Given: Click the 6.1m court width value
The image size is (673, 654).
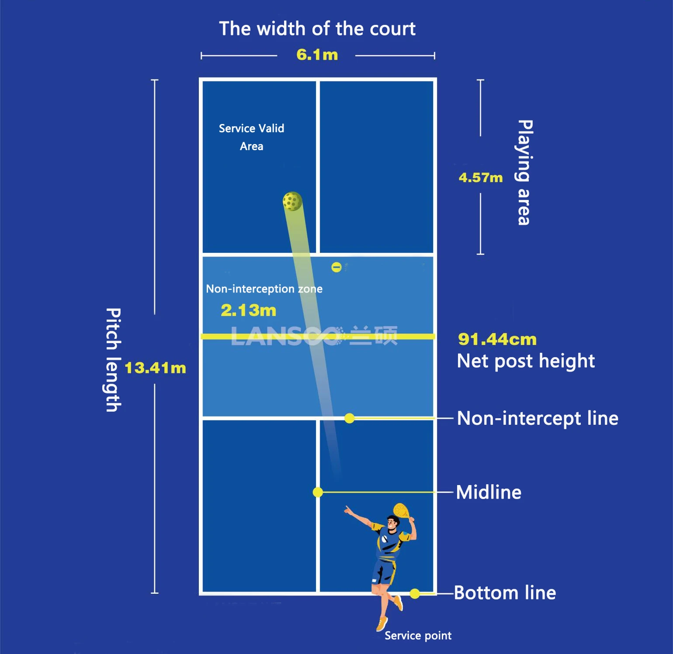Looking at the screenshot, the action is pos(317,55).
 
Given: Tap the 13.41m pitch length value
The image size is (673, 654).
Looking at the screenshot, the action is pos(155,368).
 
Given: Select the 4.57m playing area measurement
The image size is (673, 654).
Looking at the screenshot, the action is pos(481,178).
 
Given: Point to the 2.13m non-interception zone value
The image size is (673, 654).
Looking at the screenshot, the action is pos(248,310).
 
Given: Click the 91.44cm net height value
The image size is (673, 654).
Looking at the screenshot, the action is pos(497,339).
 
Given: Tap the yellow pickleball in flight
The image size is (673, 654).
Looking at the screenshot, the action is pos(292,201).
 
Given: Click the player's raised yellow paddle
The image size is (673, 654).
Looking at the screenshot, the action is pos(402,510).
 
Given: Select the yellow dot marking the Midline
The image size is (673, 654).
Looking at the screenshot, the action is pos(318,492).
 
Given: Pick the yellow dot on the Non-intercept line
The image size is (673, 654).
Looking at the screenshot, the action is pos(349,418).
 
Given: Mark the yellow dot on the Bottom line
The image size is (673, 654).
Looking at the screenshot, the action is pos(415,593).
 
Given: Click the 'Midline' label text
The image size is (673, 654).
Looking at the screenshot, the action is pos(489,492).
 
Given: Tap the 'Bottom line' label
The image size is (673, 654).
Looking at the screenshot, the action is pos(505,593).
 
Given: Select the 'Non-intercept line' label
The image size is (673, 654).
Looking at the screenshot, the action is pos(538,419).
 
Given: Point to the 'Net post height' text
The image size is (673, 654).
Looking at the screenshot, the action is pos(526,361).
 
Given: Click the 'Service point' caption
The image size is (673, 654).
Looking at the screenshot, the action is pos(418,636).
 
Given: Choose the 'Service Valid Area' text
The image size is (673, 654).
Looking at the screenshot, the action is pos(251,137).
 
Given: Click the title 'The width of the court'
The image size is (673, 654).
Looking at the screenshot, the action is pos(317,29).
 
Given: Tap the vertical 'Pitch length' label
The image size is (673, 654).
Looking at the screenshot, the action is pos(114,360).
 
